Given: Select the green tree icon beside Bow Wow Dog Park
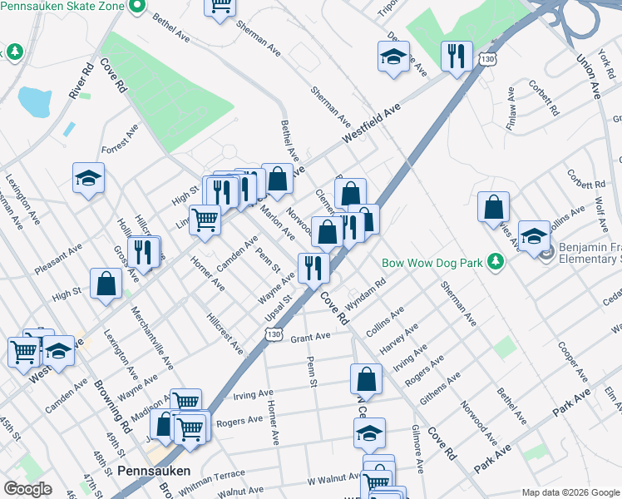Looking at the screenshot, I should [496, 263].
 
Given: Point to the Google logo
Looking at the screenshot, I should [28, 489].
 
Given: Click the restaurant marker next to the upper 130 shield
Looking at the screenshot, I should [456, 56].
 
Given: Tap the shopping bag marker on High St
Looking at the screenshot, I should [106, 284].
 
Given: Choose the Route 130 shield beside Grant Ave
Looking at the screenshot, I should [274, 333].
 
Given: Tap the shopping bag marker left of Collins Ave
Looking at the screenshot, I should [494, 206].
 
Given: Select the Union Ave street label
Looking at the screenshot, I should [588, 77].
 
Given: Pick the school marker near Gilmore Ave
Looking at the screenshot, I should [369, 432].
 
